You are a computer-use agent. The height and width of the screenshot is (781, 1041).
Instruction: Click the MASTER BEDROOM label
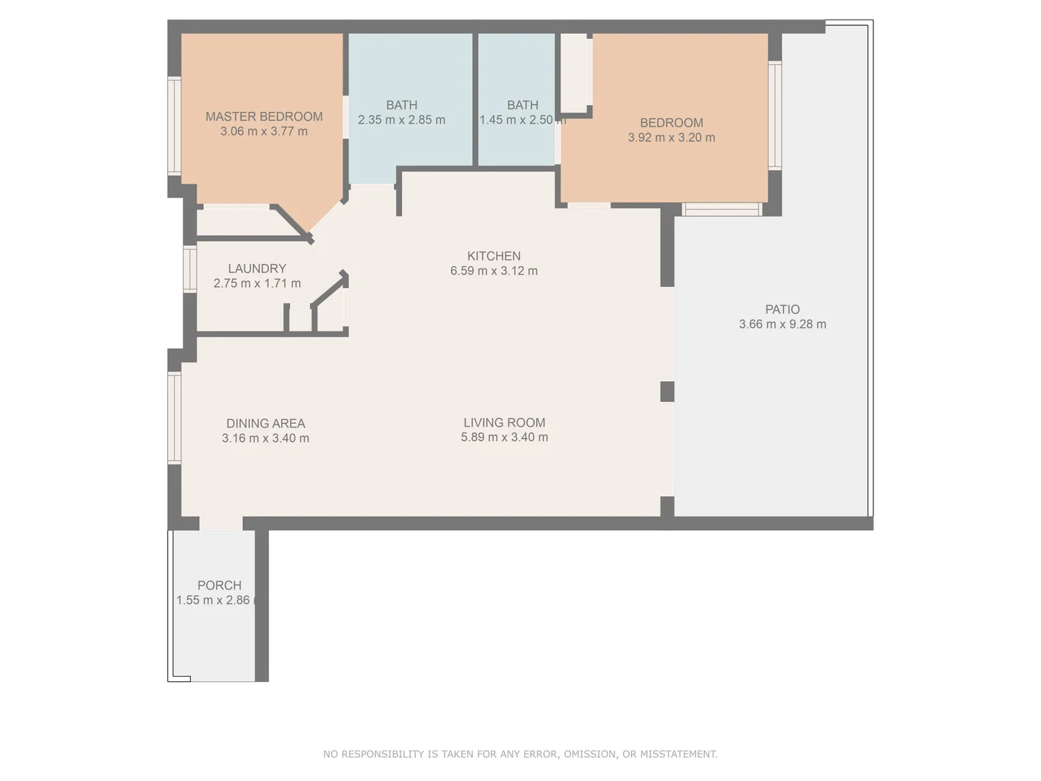pyautogui.click(x=264, y=116)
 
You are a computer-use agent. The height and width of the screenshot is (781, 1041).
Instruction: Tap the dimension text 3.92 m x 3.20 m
pyautogui.click(x=671, y=137)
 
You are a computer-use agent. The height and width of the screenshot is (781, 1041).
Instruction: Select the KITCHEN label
pyautogui.click(x=494, y=256)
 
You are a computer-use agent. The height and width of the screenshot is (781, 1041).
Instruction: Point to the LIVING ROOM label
pyautogui.click(x=504, y=422)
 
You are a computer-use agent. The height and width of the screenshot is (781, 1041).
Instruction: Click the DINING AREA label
pyautogui.click(x=265, y=423)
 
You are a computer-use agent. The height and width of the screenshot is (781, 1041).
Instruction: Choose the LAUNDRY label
pyautogui.click(x=257, y=268)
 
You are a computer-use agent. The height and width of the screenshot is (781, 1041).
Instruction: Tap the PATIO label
pyautogui.click(x=782, y=310)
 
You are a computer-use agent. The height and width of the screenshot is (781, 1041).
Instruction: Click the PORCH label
pyautogui.click(x=219, y=585)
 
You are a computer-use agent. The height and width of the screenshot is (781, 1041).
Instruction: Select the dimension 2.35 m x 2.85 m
pyautogui.click(x=401, y=120)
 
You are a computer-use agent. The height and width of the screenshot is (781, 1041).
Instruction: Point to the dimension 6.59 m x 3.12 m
pyautogui.click(x=494, y=271)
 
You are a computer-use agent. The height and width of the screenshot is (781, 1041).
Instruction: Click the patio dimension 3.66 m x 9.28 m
pyautogui.click(x=782, y=325)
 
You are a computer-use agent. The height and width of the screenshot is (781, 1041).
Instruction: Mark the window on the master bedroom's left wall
pyautogui.click(x=174, y=126)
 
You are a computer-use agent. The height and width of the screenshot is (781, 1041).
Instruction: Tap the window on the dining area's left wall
pyautogui.click(x=174, y=417)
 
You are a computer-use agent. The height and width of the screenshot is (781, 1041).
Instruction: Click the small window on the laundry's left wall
pyautogui.click(x=189, y=269)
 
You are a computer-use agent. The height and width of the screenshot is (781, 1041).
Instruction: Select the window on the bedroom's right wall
pyautogui.click(x=775, y=116)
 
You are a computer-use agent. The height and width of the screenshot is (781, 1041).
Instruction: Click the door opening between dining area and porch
pyautogui.click(x=220, y=523)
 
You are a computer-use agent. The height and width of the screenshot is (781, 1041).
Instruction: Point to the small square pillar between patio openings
pyautogui.click(x=667, y=391)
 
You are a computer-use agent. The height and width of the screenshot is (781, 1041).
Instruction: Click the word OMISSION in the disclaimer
pyautogui.click(x=589, y=754)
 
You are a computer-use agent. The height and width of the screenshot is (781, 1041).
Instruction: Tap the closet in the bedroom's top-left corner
pyautogui.click(x=575, y=73)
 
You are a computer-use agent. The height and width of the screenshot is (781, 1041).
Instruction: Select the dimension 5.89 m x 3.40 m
pyautogui.click(x=504, y=438)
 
